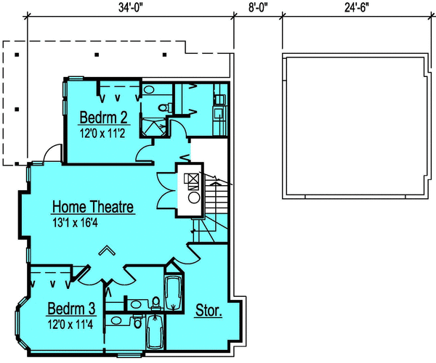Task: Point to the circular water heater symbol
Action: click(195, 196)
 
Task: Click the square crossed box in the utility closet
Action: click(194, 179)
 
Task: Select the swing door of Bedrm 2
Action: click(148, 151)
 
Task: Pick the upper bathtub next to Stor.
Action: click(174, 296)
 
